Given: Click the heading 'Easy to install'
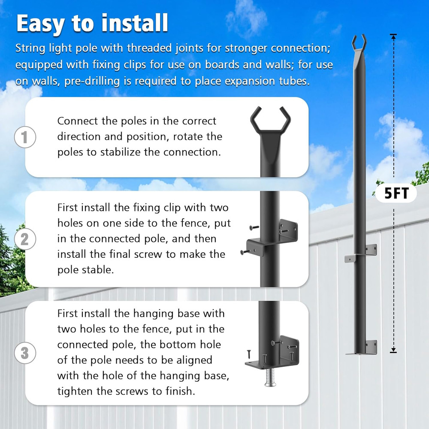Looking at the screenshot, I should pyautogui.click(x=92, y=24).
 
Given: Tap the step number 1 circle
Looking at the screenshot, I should pyautogui.click(x=24, y=137).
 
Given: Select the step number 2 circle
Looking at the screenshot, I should pyautogui.click(x=24, y=239).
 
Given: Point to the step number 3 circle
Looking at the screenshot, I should pyautogui.click(x=24, y=353).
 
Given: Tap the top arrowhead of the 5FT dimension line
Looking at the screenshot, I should pyautogui.click(x=393, y=36).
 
